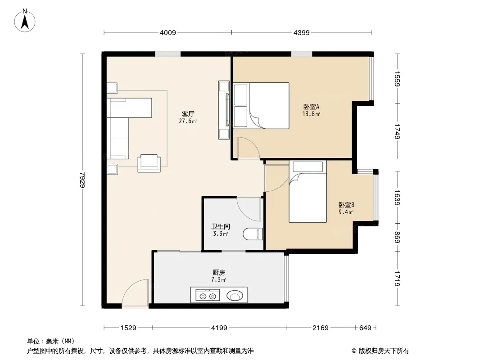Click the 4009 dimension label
[x=168, y=32]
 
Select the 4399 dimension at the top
[x=302, y=32]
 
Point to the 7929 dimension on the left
[x=82, y=180]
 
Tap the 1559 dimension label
[x=397, y=79]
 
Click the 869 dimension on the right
[x=397, y=237]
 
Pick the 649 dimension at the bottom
[x=365, y=328]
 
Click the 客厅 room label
[x=188, y=114]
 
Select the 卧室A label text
[x=311, y=107]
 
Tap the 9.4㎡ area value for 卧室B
[x=346, y=212]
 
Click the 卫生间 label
[x=220, y=227]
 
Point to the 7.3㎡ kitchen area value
[x=218, y=279]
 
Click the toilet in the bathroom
[x=253, y=234]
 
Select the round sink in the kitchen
[x=235, y=296]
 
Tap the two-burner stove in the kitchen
[x=208, y=296]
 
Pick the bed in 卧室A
[x=261, y=105]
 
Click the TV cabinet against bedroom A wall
[x=224, y=110]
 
